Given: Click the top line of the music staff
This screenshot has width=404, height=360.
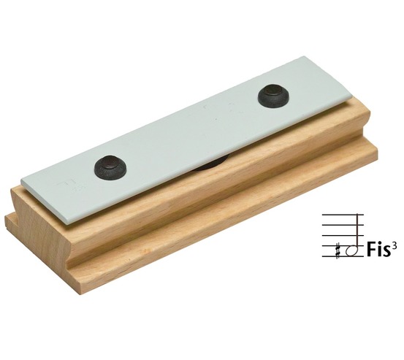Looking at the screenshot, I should (343, 214).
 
